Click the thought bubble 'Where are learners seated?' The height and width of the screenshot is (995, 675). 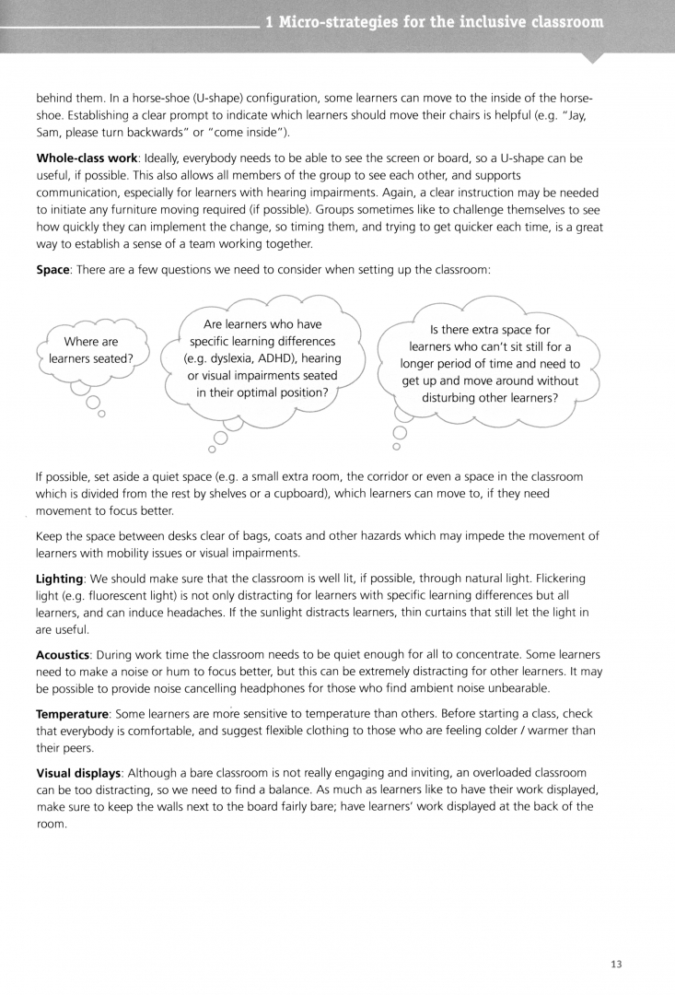[x=91, y=350]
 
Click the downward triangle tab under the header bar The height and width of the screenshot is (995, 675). [x=594, y=57]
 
